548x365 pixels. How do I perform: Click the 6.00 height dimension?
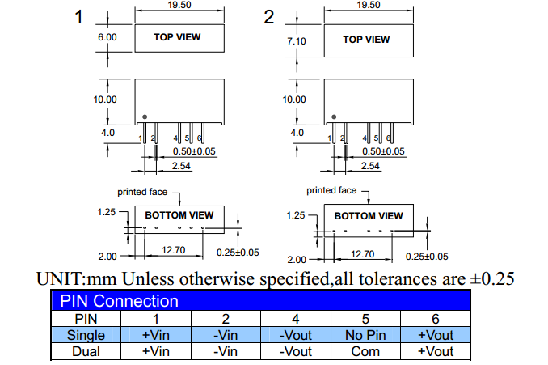tap(107, 37)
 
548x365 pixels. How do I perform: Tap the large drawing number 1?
tap(79, 18)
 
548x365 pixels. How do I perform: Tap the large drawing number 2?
tap(269, 18)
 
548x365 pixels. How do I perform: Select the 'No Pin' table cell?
tap(366, 335)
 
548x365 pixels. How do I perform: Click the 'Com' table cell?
tap(366, 351)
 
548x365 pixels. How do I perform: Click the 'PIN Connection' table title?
tap(119, 302)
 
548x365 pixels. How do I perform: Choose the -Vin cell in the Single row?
tap(226, 335)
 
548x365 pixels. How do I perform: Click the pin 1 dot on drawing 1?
tap(144, 116)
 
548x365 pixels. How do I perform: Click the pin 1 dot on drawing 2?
tap(334, 116)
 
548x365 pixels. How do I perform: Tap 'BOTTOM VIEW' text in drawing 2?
tap(369, 216)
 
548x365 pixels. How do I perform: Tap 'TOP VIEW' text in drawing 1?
tap(178, 37)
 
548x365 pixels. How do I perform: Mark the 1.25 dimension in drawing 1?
tap(107, 212)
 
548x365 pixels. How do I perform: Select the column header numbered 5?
tap(366, 319)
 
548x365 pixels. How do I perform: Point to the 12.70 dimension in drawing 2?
tap(363, 254)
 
